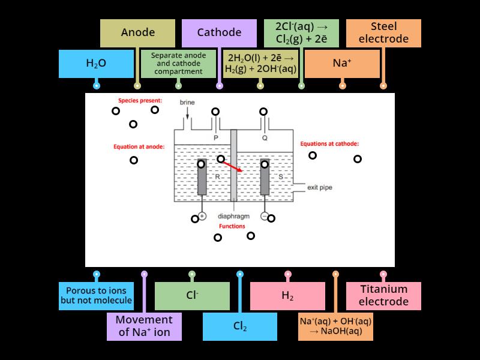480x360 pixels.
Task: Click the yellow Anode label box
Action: pyautogui.click(x=137, y=33)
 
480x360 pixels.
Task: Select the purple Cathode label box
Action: pyautogui.click(x=219, y=33)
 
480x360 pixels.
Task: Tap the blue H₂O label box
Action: pyautogui.click(x=96, y=63)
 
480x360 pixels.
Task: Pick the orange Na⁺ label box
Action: pyautogui.click(x=342, y=63)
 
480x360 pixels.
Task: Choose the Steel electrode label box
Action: pyautogui.click(x=383, y=33)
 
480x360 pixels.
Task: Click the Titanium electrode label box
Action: pyautogui.click(x=383, y=296)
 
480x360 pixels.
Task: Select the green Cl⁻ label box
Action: pyautogui.click(x=192, y=296)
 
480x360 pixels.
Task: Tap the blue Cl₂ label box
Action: pyautogui.click(x=239, y=326)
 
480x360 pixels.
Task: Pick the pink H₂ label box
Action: pyautogui.click(x=287, y=296)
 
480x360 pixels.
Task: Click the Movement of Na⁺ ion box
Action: pyautogui.click(x=144, y=326)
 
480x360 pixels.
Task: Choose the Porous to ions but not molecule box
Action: pyautogui.click(x=96, y=296)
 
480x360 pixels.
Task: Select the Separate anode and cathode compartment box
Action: pyautogui.click(x=178, y=63)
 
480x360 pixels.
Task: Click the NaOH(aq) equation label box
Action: pyautogui.click(x=335, y=326)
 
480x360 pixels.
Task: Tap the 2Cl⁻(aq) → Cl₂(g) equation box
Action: pyautogui.click(x=301, y=33)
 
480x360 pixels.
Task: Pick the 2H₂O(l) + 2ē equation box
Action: pyautogui.click(x=260, y=63)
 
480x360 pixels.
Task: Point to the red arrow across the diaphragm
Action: pyautogui.click(x=233, y=166)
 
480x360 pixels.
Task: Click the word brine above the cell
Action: pyautogui.click(x=187, y=103)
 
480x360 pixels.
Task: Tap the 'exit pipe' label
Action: pyautogui.click(x=319, y=187)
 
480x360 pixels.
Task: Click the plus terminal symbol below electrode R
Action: pyautogui.click(x=202, y=216)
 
